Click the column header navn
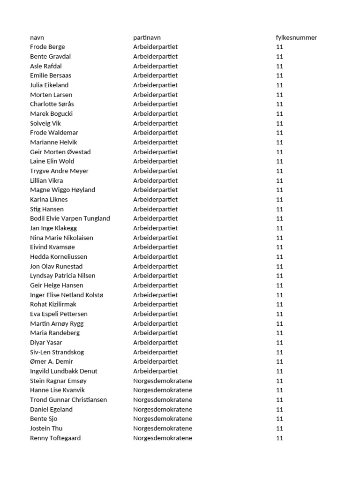click(37, 37)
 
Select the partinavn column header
click(147, 37)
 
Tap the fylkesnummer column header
click(296, 37)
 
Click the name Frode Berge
click(47, 47)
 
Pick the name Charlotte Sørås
click(52, 104)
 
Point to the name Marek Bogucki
click(51, 113)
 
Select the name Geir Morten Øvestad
click(60, 152)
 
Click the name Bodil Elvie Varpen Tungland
click(70, 218)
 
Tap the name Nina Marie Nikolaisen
click(61, 238)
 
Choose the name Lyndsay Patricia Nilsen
click(62, 276)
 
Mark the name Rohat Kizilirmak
click(53, 304)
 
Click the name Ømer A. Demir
click(52, 361)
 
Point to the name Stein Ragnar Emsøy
click(58, 381)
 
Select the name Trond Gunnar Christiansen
click(68, 400)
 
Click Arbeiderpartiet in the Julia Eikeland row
click(155, 85)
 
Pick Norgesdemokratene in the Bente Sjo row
click(162, 419)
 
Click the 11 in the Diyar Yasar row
click(280, 343)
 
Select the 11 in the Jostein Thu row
click(280, 428)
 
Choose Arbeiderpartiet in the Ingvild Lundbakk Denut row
click(155, 371)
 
